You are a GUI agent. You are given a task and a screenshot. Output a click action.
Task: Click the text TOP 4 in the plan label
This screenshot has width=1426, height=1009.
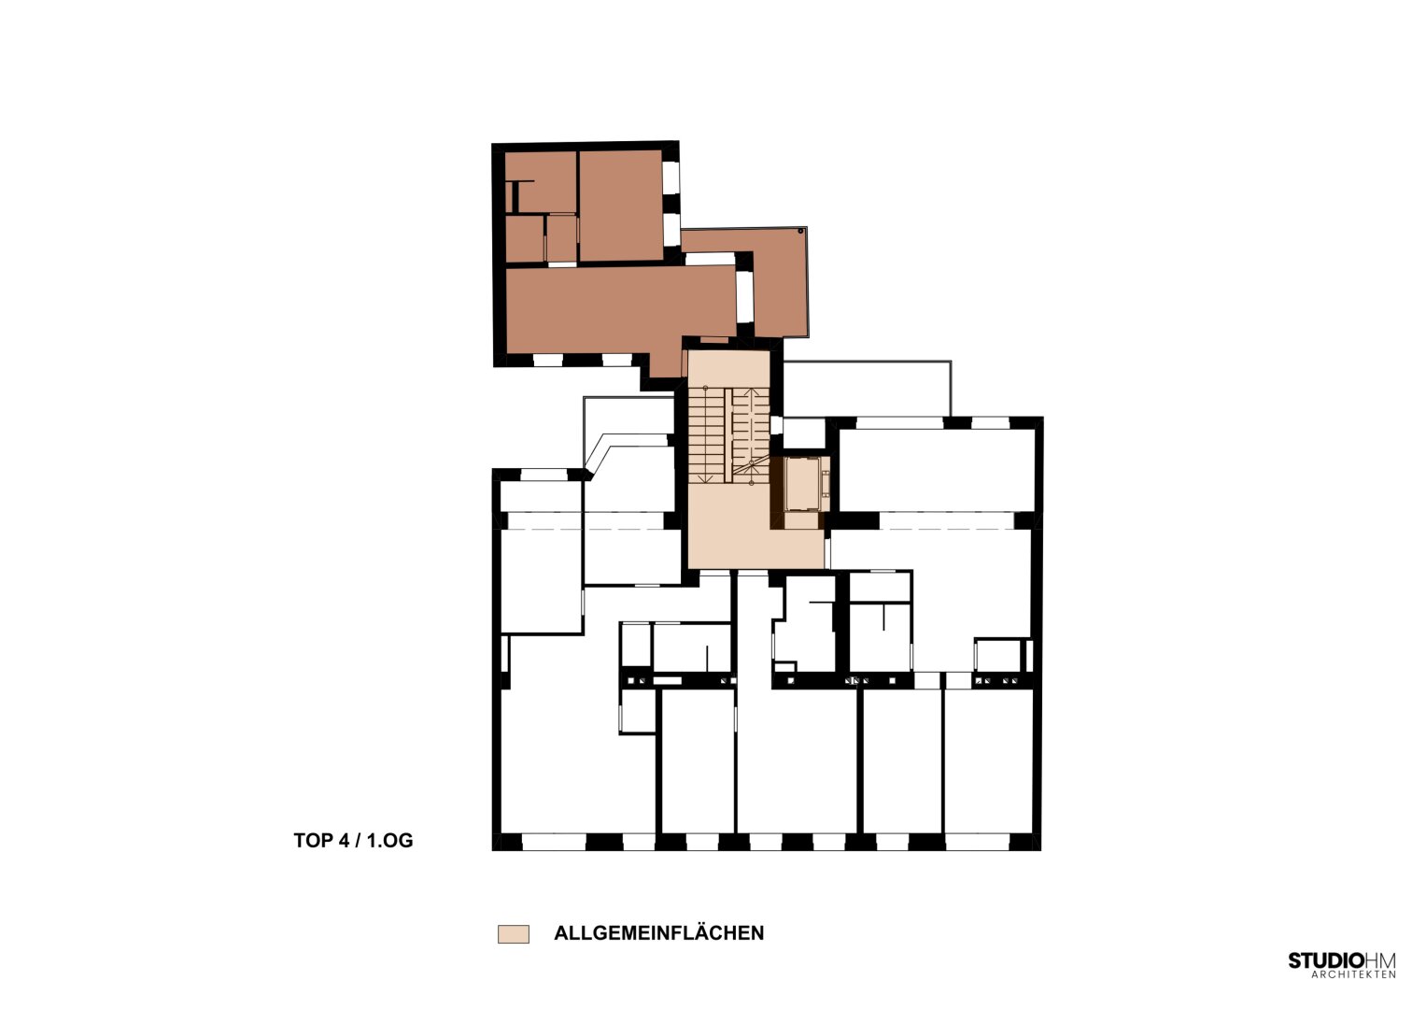coord(321,841)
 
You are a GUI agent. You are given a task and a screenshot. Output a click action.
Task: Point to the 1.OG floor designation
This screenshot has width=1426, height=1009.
coord(389,841)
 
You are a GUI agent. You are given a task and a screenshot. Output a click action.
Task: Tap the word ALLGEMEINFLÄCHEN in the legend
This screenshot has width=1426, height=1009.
coord(659,933)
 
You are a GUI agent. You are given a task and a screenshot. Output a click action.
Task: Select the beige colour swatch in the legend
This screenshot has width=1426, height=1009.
coord(513,934)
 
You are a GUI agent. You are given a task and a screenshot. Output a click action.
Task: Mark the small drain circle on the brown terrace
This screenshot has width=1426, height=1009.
coord(800,232)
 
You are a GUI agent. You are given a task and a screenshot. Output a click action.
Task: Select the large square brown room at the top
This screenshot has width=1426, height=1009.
coord(621,206)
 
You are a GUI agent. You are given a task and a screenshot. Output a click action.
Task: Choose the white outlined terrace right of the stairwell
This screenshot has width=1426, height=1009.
coord(867,389)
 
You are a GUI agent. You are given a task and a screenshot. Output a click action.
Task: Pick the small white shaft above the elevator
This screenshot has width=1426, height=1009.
coord(803,433)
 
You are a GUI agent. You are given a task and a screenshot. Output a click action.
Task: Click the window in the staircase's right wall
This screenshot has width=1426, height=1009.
coord(777,425)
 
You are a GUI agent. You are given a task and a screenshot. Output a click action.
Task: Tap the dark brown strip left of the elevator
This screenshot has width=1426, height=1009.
coord(777,492)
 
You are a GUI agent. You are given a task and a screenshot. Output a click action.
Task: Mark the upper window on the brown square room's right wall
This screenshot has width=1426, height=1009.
coord(671,178)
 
